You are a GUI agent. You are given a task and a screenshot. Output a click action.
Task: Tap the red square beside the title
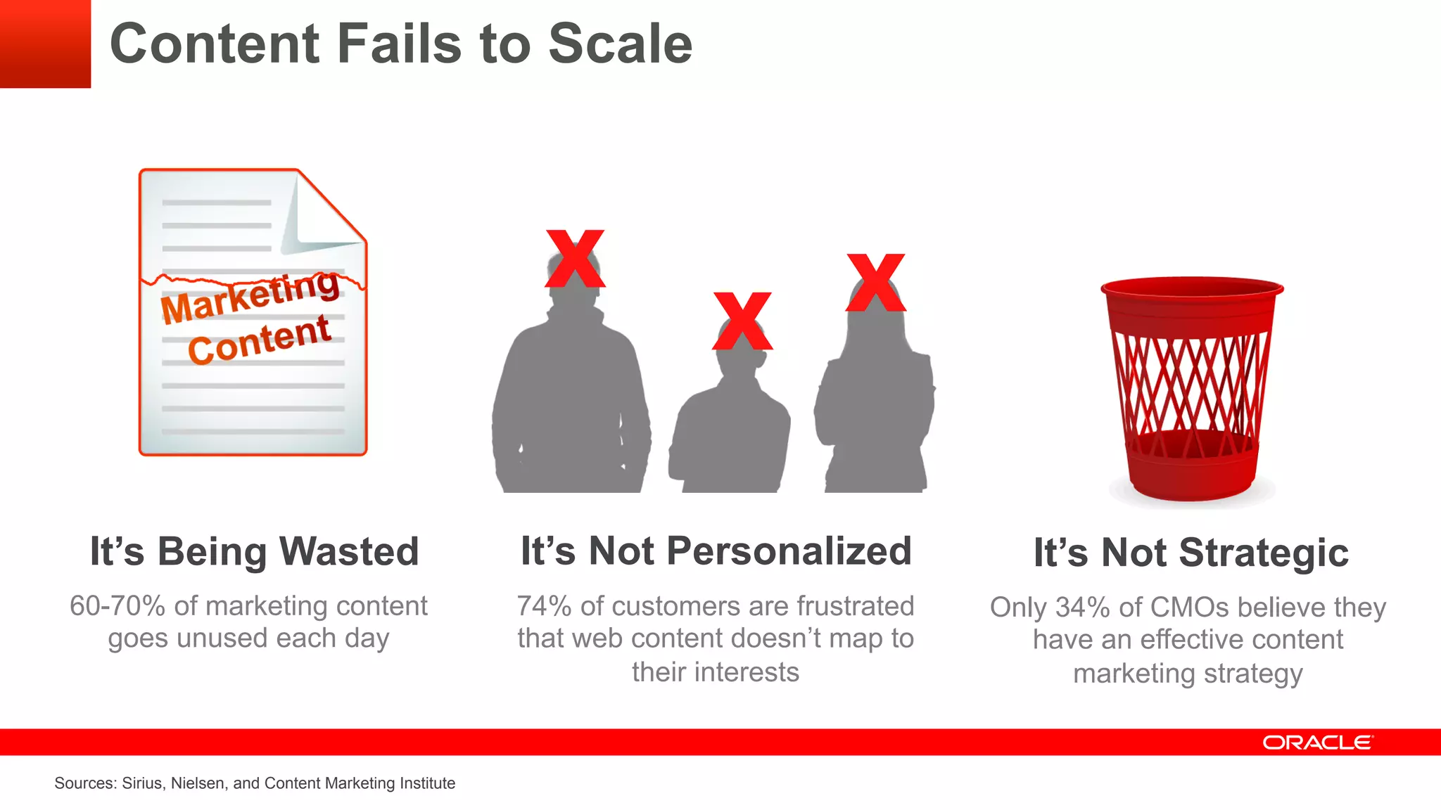click(x=45, y=44)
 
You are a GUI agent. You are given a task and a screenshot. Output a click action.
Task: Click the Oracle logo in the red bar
click(x=1317, y=742)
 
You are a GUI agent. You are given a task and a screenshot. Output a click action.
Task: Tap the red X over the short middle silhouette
click(x=742, y=321)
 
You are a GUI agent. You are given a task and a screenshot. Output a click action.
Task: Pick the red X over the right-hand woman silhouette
click(x=876, y=283)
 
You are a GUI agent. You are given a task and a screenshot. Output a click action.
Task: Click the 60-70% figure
click(x=118, y=606)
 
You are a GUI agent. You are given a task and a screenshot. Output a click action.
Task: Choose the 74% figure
click(x=544, y=606)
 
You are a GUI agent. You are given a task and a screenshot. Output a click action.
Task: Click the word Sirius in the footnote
click(x=143, y=783)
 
